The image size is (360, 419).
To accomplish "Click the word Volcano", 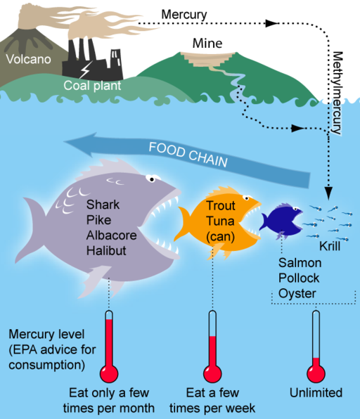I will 29,59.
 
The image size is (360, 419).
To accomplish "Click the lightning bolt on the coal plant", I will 86,70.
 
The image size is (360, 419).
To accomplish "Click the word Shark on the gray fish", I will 102,205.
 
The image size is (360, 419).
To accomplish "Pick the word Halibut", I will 106,250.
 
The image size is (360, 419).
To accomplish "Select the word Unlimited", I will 316,392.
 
